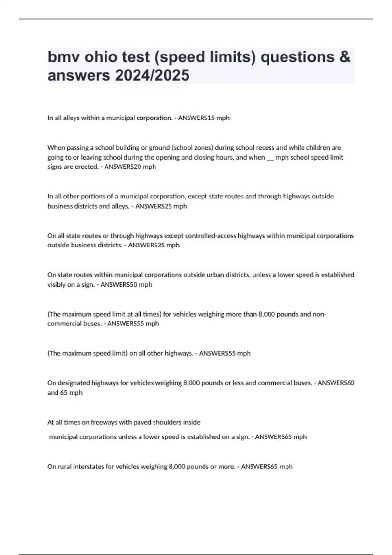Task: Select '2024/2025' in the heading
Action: click(x=152, y=75)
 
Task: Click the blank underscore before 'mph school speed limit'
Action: click(x=270, y=158)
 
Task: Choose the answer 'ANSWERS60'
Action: click(x=336, y=383)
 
